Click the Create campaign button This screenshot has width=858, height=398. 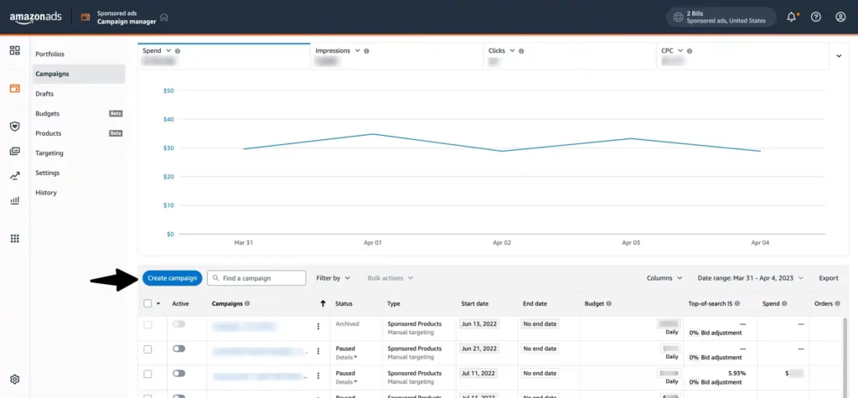pos(172,277)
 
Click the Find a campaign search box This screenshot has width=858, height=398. pos(256,277)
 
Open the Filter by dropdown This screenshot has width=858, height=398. pos(333,277)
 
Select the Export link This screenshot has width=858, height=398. pos(828,277)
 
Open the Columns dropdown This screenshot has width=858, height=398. pos(664,277)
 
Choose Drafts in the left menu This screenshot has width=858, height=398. pos(44,94)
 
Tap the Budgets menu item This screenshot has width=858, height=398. pos(47,113)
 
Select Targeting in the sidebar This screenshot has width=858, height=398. pos(49,153)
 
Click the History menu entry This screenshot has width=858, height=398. pos(46,193)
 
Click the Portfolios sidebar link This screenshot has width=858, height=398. pos(49,54)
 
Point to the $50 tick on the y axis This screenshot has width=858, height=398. pos(168,90)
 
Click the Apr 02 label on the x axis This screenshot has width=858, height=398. pos(502,242)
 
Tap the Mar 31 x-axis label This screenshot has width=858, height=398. pos(243,242)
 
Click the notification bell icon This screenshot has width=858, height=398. pos(791,17)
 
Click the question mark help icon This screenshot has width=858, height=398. pos(815,17)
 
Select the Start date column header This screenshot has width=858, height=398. pos(474,303)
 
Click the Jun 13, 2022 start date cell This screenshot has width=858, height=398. pos(478,323)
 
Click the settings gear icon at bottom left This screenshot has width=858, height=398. pos(14,380)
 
